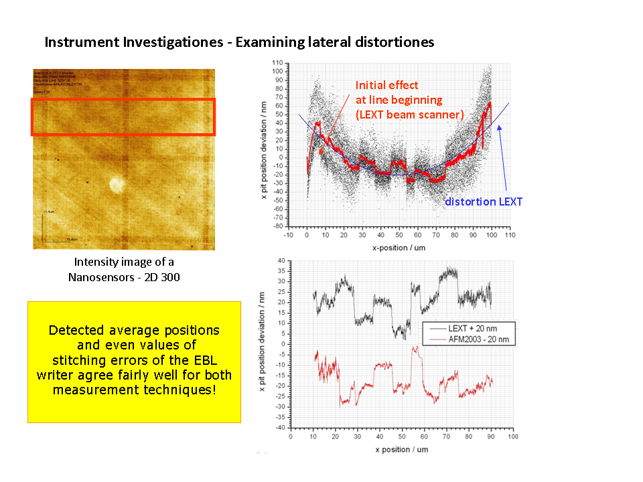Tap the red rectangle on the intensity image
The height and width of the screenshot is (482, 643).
click(x=123, y=117)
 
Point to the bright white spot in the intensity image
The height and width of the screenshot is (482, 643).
click(x=117, y=183)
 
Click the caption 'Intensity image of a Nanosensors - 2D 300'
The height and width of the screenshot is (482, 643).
click(x=124, y=268)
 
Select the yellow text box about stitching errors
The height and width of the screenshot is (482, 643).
click(x=134, y=361)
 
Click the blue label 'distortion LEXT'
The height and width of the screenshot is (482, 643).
click(x=484, y=202)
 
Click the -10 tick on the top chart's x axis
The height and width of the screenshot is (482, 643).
click(x=289, y=235)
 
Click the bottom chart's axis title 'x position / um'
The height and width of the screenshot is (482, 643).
click(x=402, y=449)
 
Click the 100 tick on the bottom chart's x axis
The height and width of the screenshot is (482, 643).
click(x=512, y=436)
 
